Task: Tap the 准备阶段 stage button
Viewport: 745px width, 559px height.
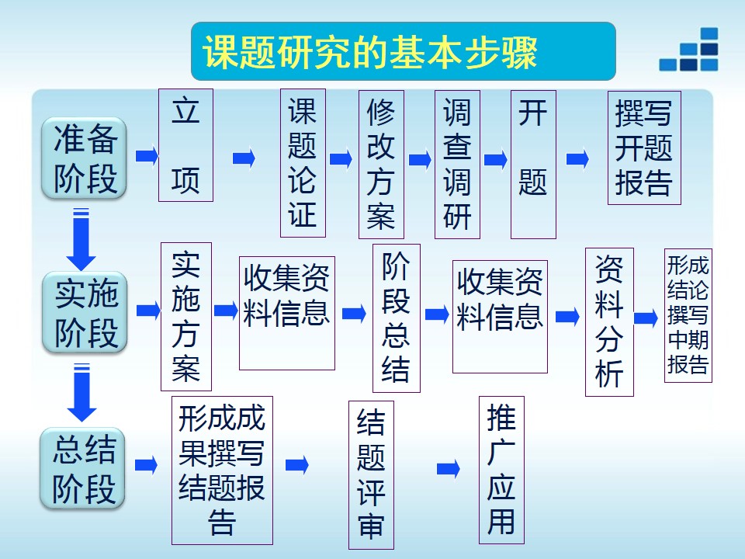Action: coord(84,158)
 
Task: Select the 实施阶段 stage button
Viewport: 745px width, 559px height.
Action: coord(85,312)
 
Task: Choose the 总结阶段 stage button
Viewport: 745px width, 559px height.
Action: coord(83,468)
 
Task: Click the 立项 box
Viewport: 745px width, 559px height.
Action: coord(185,145)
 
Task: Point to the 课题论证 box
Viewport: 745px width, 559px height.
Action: coord(303,163)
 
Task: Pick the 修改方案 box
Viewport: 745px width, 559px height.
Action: coord(381,165)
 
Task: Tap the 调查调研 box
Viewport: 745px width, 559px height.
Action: coord(457,165)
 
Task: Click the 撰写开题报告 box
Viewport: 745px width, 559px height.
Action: coord(643,149)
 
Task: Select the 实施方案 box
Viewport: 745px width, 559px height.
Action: coord(185,316)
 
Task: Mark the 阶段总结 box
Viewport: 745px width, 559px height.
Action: coord(396,318)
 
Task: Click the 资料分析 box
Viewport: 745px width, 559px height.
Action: coord(609,321)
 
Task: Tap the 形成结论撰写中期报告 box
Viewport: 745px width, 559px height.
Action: coord(688,314)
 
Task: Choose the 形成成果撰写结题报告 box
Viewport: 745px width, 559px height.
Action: coord(222,470)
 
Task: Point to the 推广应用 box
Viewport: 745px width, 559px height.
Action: coord(501,470)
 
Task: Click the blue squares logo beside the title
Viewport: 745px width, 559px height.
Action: coord(689,51)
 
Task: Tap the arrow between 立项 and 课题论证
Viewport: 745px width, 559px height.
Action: coord(244,158)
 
